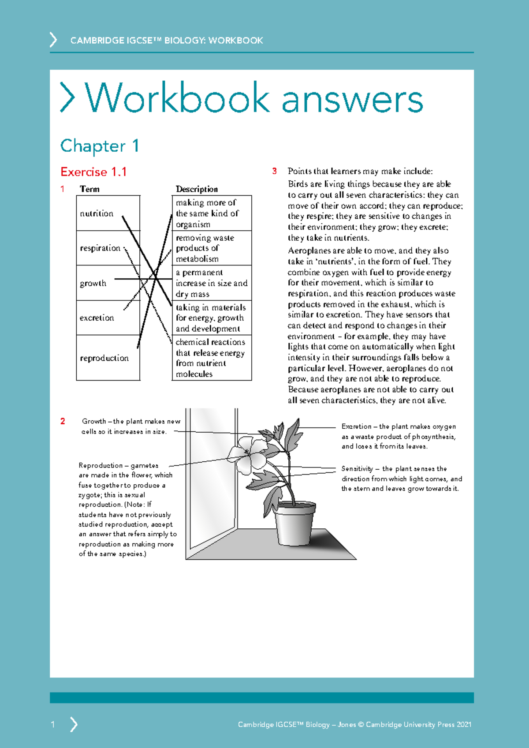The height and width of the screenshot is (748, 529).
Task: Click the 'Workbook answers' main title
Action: point(254,98)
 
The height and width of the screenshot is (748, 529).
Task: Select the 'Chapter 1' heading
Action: point(100,146)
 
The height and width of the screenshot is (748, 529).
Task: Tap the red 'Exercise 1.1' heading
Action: point(93,172)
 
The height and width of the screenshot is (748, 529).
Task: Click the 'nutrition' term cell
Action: point(97,213)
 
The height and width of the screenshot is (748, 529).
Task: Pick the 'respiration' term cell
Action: point(100,248)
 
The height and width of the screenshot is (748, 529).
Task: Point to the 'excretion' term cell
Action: point(97,318)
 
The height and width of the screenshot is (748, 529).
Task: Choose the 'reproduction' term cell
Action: point(104,358)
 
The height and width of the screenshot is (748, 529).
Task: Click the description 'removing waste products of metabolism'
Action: point(205,248)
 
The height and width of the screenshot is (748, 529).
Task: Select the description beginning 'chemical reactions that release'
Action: point(210,358)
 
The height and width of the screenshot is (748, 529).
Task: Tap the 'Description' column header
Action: point(197,189)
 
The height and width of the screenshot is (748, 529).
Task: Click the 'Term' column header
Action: point(89,189)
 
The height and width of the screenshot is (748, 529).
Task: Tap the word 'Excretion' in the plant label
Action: point(356,426)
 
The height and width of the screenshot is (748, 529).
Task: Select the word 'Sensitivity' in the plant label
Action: point(357,469)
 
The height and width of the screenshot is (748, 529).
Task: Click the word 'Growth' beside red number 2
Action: point(94,421)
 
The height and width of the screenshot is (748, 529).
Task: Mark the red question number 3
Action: point(275,171)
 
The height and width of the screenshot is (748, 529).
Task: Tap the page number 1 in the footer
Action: point(53,724)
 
